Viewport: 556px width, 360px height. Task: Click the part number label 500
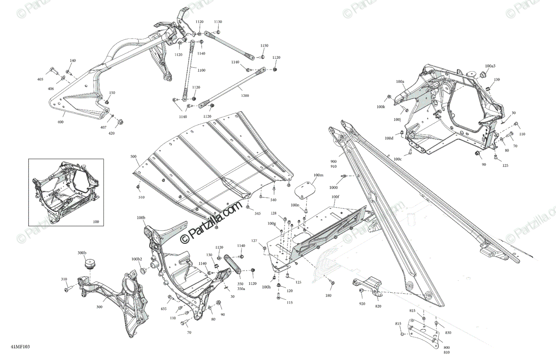pos(133,157)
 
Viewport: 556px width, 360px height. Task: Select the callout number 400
pos(60,122)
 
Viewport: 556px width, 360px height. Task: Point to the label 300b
pos(82,253)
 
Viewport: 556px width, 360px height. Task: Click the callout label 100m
pos(318,175)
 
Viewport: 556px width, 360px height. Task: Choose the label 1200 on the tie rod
pos(245,95)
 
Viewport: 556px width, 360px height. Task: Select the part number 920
pos(361,304)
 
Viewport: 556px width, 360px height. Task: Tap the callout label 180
pos(328,295)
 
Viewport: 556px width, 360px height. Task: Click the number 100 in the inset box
pos(96,222)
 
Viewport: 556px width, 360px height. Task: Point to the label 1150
pos(264,45)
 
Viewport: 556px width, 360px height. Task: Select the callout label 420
pos(111,133)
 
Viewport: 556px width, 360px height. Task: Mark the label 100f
pos(335,197)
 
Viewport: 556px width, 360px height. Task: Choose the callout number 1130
pos(218,22)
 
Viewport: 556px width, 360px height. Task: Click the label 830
pos(448,333)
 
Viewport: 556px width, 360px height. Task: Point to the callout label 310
pos(64,279)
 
